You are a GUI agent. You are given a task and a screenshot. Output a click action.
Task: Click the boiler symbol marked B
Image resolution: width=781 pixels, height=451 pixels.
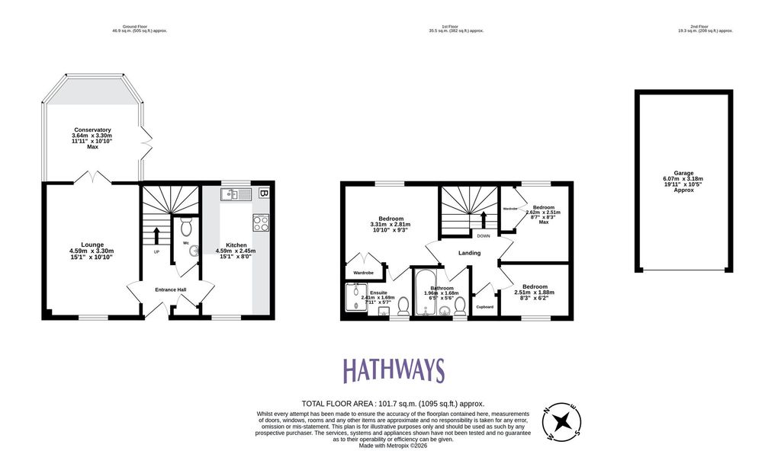(x=264, y=194)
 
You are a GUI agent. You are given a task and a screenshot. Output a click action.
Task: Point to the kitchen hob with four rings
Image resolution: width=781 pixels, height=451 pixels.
(x=261, y=222)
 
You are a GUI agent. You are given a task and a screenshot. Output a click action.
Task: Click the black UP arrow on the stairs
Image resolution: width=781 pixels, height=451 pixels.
(x=157, y=234)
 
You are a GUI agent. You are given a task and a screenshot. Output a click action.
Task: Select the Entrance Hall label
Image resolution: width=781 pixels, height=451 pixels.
(x=172, y=289)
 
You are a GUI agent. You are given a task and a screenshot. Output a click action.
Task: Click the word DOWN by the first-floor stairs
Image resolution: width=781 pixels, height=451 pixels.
(x=484, y=235)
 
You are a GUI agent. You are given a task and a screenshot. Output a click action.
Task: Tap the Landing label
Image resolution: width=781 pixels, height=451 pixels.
(x=469, y=253)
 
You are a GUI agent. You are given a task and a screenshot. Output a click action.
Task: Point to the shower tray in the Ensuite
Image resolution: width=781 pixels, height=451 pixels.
(x=356, y=297)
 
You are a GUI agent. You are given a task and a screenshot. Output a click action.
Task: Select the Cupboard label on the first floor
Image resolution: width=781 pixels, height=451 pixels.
(x=484, y=307)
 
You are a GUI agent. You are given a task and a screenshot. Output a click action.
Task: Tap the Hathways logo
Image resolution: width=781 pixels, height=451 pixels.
(x=394, y=371)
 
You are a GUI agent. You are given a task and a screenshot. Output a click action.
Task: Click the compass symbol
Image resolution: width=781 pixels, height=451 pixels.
(x=561, y=421)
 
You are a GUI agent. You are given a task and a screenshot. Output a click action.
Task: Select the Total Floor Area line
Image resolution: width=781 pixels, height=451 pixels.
(x=393, y=404)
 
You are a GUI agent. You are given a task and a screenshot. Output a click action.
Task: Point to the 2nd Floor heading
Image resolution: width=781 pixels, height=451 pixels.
(x=705, y=28)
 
